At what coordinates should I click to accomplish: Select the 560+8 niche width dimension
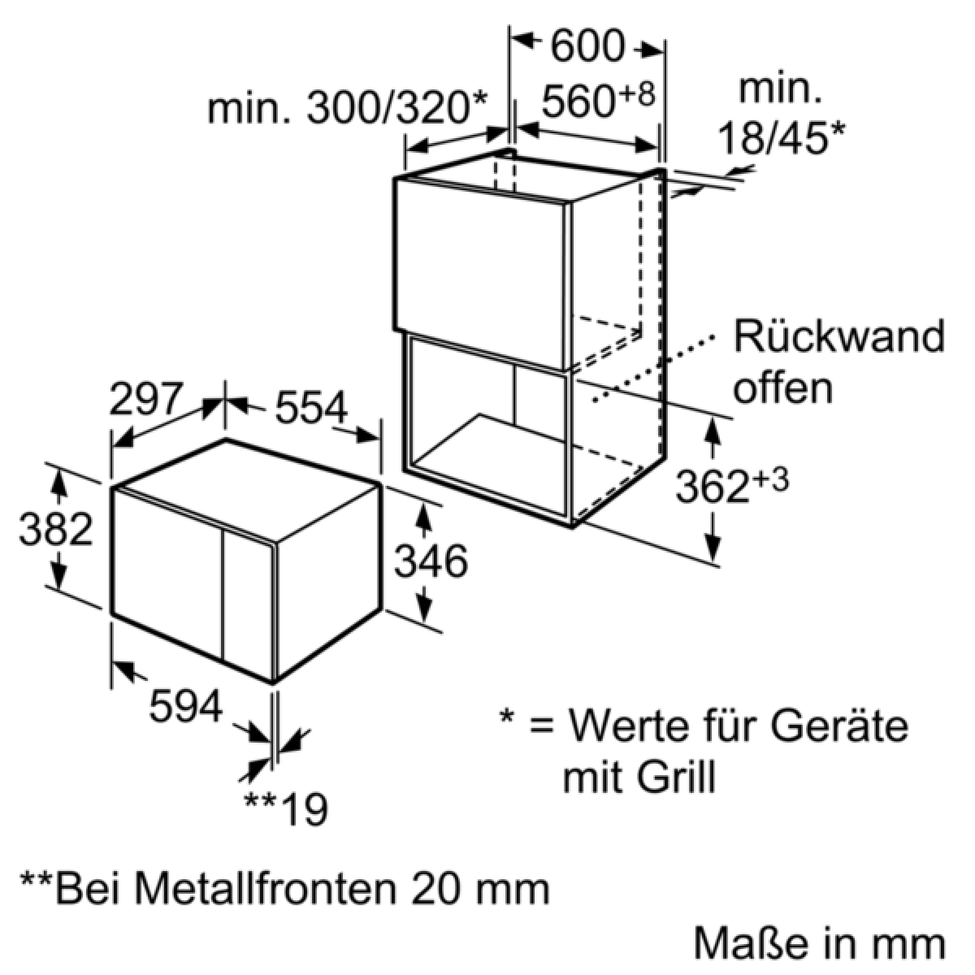[x=597, y=102]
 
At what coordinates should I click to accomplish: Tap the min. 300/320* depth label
[x=347, y=107]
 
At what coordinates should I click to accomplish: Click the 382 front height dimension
[x=55, y=531]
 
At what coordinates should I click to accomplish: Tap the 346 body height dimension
[x=431, y=561]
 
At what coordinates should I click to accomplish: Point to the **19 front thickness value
[x=287, y=808]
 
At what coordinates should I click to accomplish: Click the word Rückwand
[x=838, y=336]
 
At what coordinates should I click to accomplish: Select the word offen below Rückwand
[x=782, y=388]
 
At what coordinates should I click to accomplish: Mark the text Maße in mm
[x=819, y=944]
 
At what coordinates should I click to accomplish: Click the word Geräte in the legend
[x=838, y=725]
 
